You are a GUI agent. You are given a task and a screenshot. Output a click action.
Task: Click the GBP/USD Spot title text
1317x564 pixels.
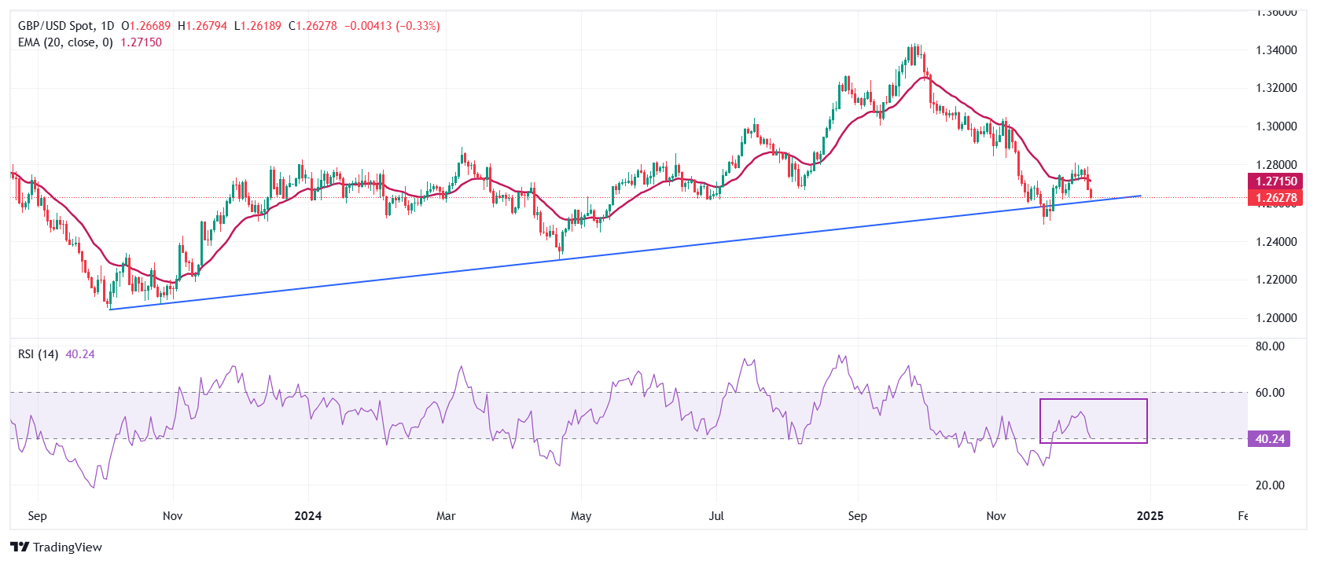pyautogui.click(x=55, y=26)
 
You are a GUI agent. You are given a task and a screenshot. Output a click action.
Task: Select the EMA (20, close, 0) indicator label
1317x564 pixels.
pyautogui.click(x=65, y=42)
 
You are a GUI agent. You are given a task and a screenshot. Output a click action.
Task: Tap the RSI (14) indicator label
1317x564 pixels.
pyautogui.click(x=38, y=354)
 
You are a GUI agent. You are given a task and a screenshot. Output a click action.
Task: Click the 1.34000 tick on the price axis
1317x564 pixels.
pyautogui.click(x=1275, y=50)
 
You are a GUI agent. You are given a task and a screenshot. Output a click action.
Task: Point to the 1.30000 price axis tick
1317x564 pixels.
pyautogui.click(x=1275, y=126)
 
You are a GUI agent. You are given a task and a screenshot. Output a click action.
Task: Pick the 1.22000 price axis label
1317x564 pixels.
pyautogui.click(x=1275, y=280)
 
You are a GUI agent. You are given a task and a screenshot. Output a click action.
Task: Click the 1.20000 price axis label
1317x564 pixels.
pyautogui.click(x=1275, y=318)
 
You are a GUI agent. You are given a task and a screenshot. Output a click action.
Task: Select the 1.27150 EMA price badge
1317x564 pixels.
pyautogui.click(x=1275, y=181)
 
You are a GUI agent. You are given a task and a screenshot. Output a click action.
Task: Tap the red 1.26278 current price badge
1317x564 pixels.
pyautogui.click(x=1275, y=198)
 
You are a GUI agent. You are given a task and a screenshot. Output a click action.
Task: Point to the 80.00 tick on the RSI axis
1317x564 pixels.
pyautogui.click(x=1270, y=346)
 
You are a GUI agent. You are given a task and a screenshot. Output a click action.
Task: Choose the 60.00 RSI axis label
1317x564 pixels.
pyautogui.click(x=1270, y=393)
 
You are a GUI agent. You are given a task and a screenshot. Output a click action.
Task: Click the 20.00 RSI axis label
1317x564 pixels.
pyautogui.click(x=1270, y=485)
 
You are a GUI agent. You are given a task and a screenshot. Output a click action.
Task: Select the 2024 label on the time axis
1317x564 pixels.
pyautogui.click(x=307, y=516)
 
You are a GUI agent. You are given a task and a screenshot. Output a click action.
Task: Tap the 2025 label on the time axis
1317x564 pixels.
pyautogui.click(x=1150, y=516)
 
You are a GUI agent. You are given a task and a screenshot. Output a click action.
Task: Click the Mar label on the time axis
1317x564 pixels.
pyautogui.click(x=446, y=516)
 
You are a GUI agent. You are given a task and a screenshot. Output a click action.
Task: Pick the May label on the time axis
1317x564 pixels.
pyautogui.click(x=581, y=516)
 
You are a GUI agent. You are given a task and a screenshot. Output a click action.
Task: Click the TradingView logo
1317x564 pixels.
pyautogui.click(x=57, y=548)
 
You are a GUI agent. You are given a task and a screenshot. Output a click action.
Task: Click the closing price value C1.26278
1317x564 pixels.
pyautogui.click(x=313, y=26)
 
